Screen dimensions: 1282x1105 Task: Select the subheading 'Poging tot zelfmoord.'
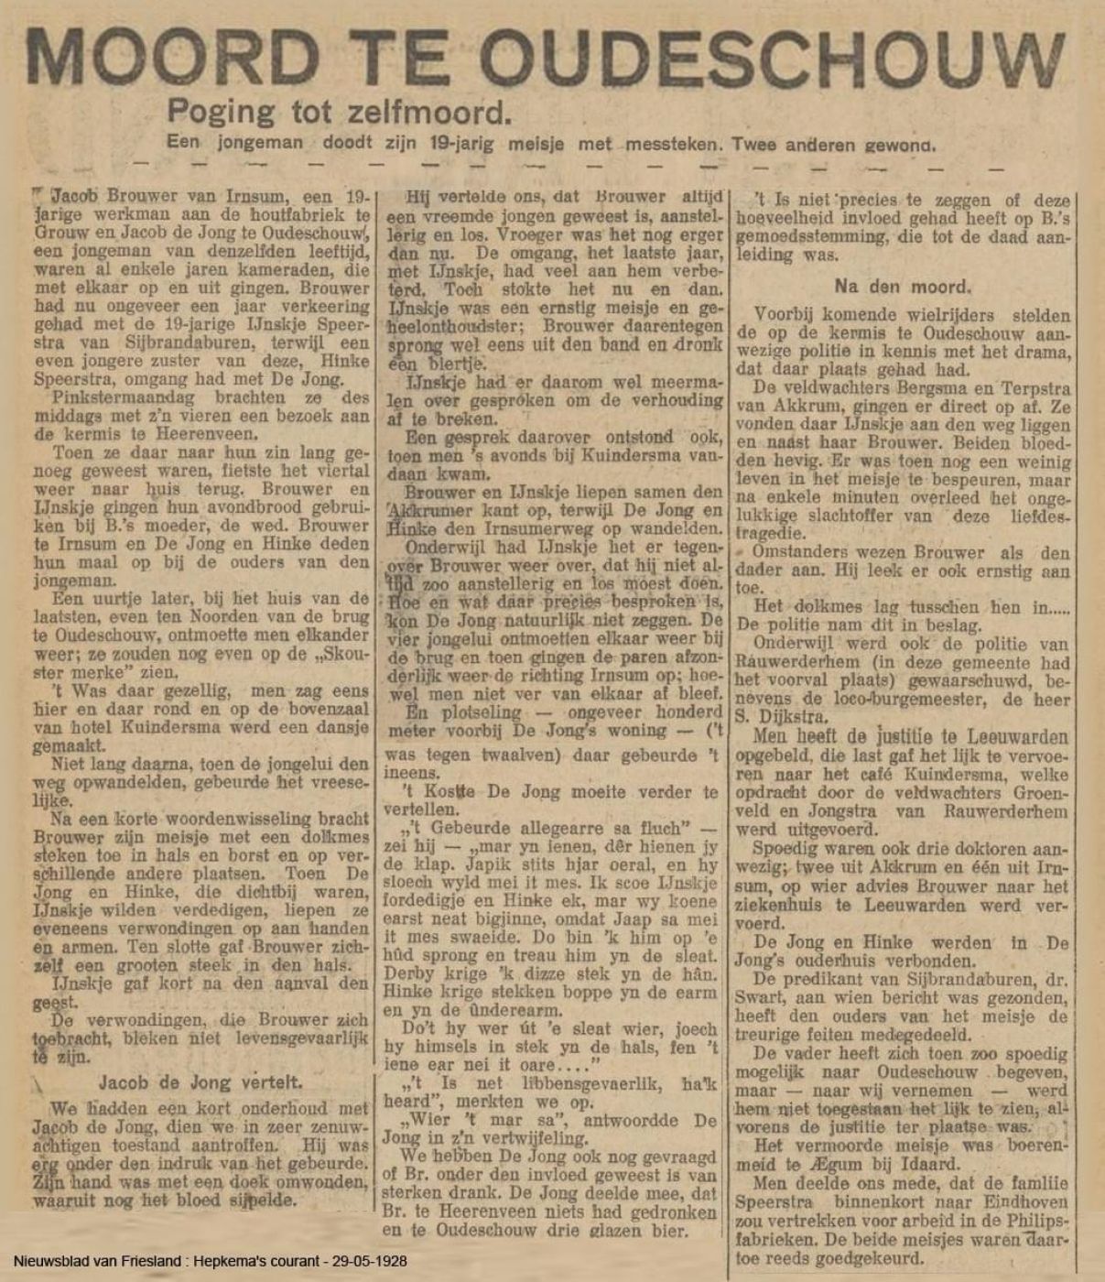pos(337,111)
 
